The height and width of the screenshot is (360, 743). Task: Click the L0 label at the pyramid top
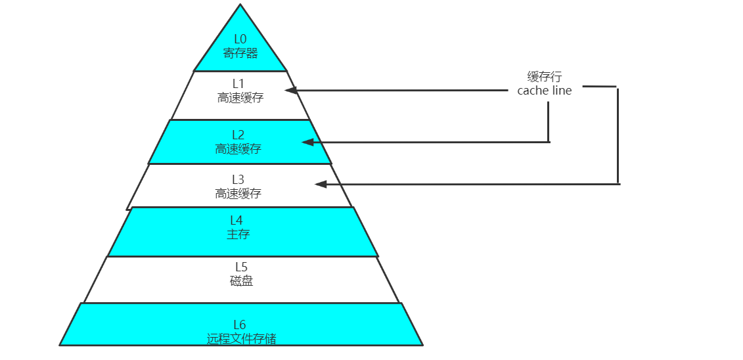point(240,39)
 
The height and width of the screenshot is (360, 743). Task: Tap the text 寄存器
point(240,53)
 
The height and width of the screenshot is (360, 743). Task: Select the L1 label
point(238,83)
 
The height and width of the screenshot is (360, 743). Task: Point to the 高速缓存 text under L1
point(240,98)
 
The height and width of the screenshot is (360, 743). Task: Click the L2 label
point(238,135)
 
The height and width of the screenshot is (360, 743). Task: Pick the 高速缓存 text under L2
point(238,149)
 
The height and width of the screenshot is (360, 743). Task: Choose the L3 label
point(238,179)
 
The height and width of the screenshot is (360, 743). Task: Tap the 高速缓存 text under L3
point(238,194)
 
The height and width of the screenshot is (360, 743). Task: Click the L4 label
point(236,220)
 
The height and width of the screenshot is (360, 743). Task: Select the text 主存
point(238,234)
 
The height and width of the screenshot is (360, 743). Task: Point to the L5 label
point(241,267)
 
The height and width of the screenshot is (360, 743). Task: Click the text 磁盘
point(241,281)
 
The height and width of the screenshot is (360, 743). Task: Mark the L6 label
point(240,325)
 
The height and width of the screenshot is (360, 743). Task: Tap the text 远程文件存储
point(241,339)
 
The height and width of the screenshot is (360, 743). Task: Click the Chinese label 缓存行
point(545,77)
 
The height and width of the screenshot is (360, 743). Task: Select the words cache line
point(545,91)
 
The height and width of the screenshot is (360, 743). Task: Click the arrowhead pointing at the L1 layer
point(291,90)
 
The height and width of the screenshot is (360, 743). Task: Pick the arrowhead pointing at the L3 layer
point(321,185)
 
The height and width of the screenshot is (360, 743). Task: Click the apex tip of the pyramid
point(240,5)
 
